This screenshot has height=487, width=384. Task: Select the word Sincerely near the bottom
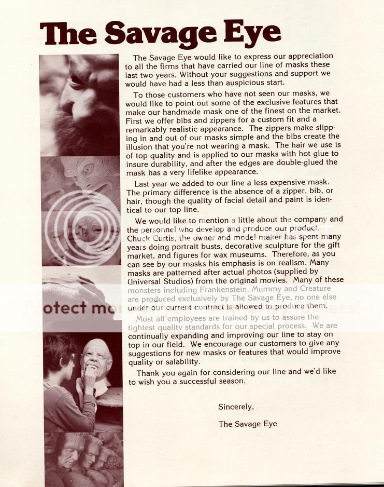click(x=236, y=407)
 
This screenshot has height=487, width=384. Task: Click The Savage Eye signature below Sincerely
click(x=248, y=424)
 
